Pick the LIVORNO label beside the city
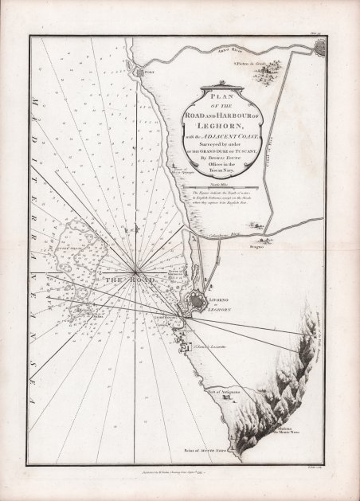[219, 299]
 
